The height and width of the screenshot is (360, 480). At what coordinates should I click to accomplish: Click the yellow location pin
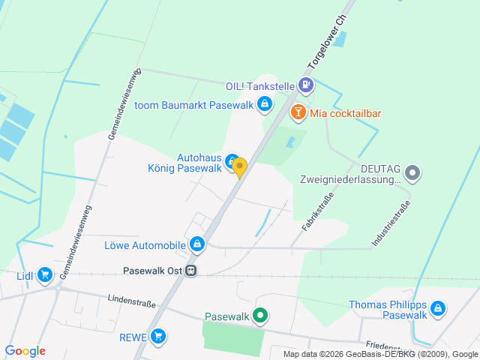tap(239, 166)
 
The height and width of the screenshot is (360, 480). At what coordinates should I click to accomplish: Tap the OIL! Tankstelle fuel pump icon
tap(306, 85)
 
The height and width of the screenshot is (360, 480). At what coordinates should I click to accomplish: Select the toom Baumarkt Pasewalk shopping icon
tap(264, 104)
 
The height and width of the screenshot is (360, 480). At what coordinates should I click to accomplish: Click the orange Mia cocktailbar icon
tap(298, 112)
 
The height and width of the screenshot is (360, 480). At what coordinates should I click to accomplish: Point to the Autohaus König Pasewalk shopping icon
tap(232, 157)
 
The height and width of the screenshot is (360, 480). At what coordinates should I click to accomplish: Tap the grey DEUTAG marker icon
tap(413, 174)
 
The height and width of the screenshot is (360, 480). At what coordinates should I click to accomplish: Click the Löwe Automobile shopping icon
tap(196, 244)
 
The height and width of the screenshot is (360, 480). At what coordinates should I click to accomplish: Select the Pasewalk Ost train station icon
tap(192, 271)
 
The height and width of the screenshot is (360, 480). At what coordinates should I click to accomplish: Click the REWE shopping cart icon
tap(157, 337)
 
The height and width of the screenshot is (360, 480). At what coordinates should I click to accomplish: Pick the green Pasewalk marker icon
tap(259, 316)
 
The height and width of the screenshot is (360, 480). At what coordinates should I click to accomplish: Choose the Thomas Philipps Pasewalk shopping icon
tap(438, 308)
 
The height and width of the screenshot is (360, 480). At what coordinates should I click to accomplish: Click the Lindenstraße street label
tap(131, 303)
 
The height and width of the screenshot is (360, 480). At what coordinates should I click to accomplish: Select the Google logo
tap(25, 351)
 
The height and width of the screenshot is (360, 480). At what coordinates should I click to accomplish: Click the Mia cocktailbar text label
tap(346, 112)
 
